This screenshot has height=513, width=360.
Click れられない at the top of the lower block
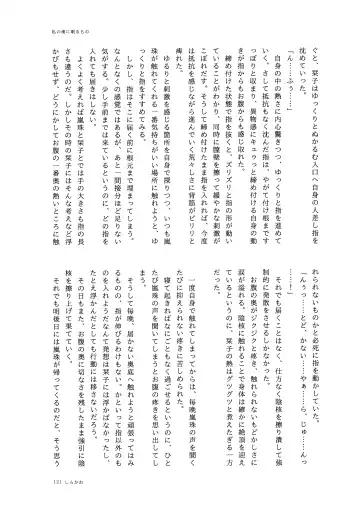(332, 284)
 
